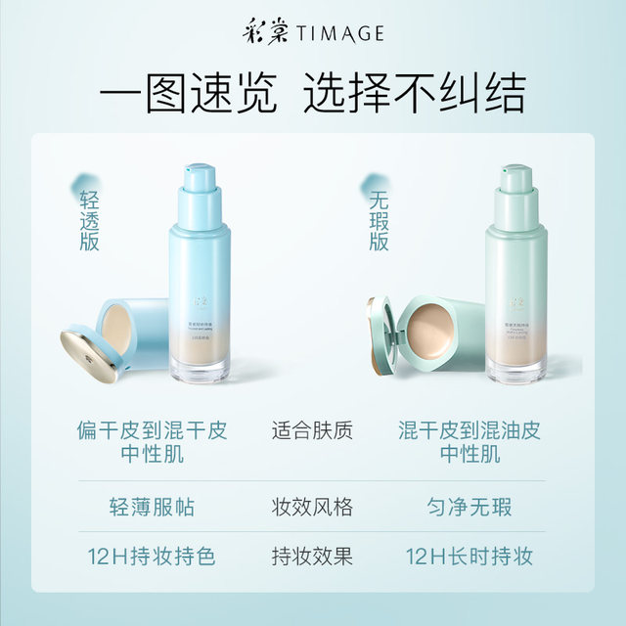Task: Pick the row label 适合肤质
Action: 312,429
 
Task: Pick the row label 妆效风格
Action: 312,508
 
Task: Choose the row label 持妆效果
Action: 312,557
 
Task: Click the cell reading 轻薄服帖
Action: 152,508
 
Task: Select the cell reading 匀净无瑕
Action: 469,508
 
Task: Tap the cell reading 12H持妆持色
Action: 152,557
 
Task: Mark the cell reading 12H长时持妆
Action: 469,557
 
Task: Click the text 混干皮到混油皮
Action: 469,429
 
